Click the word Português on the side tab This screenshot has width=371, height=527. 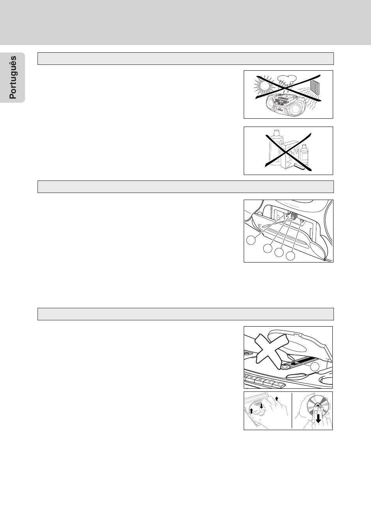click(13, 77)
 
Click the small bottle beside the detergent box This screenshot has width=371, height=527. click(304, 155)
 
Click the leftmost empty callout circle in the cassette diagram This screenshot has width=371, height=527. click(251, 239)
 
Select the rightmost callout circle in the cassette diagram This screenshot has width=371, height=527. click(290, 256)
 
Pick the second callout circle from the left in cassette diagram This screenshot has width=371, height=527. click(268, 248)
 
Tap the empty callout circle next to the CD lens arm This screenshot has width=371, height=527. click(314, 366)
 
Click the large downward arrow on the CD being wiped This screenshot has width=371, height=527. click(318, 418)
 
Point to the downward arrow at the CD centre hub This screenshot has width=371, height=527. click(261, 406)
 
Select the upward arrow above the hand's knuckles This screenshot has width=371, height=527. click(276, 398)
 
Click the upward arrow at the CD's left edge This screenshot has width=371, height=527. click(251, 411)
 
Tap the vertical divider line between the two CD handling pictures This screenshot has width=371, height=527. click(292, 411)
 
